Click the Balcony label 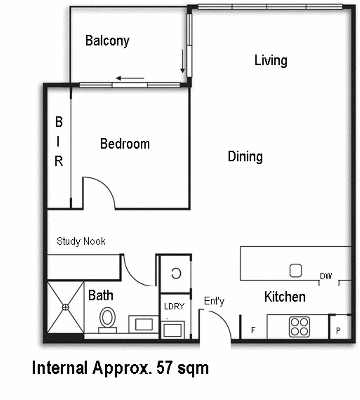pos(107,41)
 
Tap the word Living pos(271,60)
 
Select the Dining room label pos(245,156)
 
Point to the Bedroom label pos(125,144)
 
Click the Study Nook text pos(81,241)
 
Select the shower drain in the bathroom pos(66,307)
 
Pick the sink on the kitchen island pos(295,271)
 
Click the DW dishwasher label pos(326,276)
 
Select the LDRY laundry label pos(174,307)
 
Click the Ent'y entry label pos(214,301)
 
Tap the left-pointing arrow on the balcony pos(130,78)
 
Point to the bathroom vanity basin pos(143,324)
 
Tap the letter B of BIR pos(59,122)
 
